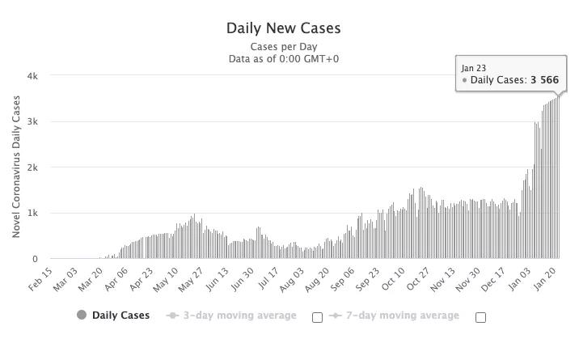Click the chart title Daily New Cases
click(x=284, y=28)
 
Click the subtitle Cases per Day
click(x=284, y=46)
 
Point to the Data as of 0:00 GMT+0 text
click(x=284, y=58)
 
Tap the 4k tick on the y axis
click(x=32, y=76)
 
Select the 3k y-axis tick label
click(x=32, y=122)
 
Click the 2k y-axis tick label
click(x=32, y=167)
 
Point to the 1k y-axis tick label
click(x=32, y=214)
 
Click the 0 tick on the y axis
click(x=35, y=260)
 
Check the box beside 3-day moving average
click(x=317, y=317)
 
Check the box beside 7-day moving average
click(x=480, y=317)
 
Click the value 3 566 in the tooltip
click(x=544, y=81)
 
